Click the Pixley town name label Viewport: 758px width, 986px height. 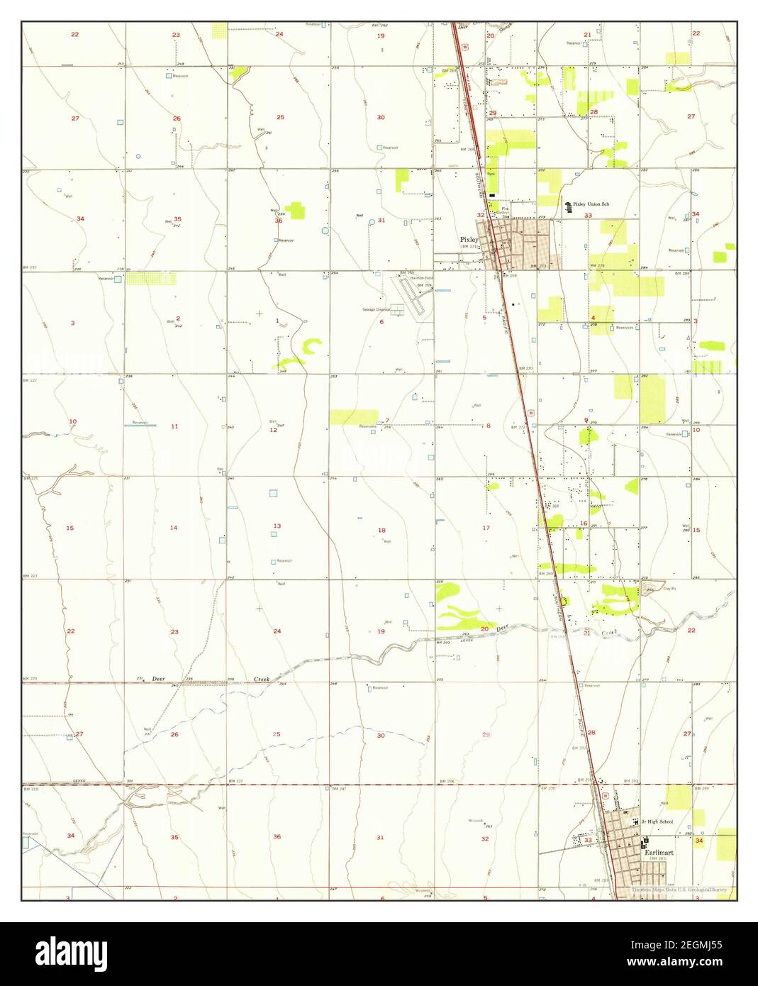coord(469,240)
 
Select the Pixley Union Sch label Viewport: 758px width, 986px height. coord(591,204)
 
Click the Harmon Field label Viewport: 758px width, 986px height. coord(420,278)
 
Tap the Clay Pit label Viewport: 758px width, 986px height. coord(670,589)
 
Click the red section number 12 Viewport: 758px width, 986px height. coord(273,430)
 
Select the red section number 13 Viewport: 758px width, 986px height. coord(277,526)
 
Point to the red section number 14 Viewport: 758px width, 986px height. coord(174,528)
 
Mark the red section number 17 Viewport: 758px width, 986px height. coord(486,528)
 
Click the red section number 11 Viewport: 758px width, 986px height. coord(174,426)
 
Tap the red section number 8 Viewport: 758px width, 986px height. coord(488,426)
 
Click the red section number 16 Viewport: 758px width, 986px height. coord(584,524)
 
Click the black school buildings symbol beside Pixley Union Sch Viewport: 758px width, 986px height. coord(567,207)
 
